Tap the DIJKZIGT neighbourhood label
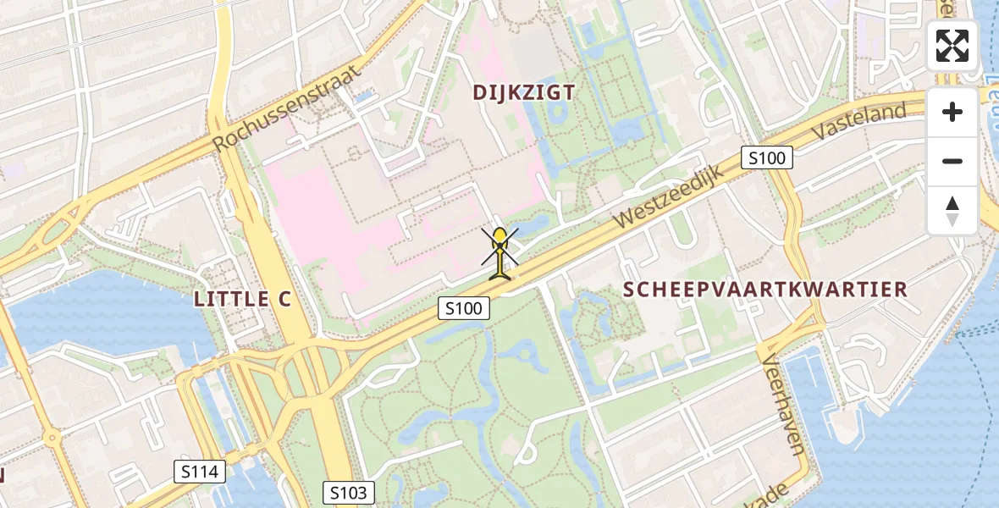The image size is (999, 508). click(525, 93)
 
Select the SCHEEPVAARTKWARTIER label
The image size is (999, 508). click(765, 290)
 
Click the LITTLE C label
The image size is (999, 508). click(242, 299)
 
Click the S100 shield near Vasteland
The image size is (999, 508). click(766, 157)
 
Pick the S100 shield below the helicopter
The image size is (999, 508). click(464, 309)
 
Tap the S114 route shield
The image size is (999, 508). click(200, 472)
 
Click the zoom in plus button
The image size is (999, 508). click(952, 112)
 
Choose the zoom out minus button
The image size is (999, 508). click(952, 161)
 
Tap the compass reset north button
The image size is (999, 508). click(952, 210)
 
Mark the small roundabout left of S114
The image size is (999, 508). click(52, 440)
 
